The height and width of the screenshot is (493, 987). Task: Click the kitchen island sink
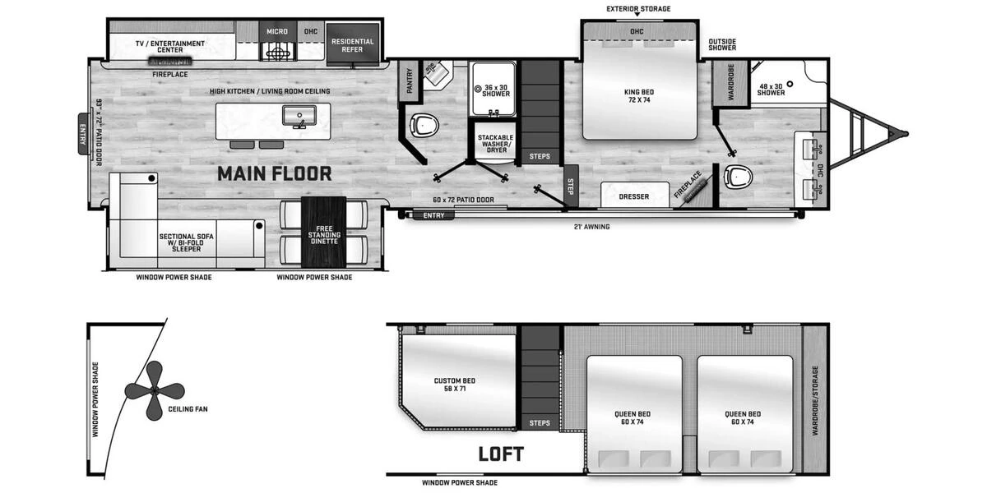tap(299, 116)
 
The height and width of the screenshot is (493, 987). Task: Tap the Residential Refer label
tap(353, 46)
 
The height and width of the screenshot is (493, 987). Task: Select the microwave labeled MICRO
tap(277, 31)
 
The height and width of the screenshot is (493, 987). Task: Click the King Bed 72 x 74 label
tap(639, 96)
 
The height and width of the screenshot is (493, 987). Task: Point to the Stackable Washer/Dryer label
tap(496, 144)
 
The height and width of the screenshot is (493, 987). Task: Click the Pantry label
tap(410, 81)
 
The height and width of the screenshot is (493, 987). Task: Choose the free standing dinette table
tap(324, 232)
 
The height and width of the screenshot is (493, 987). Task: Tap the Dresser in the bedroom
tap(634, 195)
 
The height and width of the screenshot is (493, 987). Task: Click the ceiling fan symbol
tap(155, 390)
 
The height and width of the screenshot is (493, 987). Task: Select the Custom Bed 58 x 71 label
tap(455, 385)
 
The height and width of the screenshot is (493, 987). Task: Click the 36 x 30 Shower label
tap(496, 90)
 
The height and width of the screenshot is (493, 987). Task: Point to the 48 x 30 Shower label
tap(771, 90)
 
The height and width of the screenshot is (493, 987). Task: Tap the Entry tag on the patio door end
tap(82, 134)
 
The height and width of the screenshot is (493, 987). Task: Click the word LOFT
tap(501, 454)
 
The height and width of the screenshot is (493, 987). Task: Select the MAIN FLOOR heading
tap(275, 174)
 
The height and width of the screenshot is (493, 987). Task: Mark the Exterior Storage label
tap(638, 9)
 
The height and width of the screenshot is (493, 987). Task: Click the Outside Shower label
tap(722, 44)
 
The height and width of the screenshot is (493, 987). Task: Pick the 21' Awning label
tap(591, 227)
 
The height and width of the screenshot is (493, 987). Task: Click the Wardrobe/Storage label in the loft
tap(815, 401)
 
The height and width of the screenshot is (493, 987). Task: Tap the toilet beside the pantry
tap(424, 125)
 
